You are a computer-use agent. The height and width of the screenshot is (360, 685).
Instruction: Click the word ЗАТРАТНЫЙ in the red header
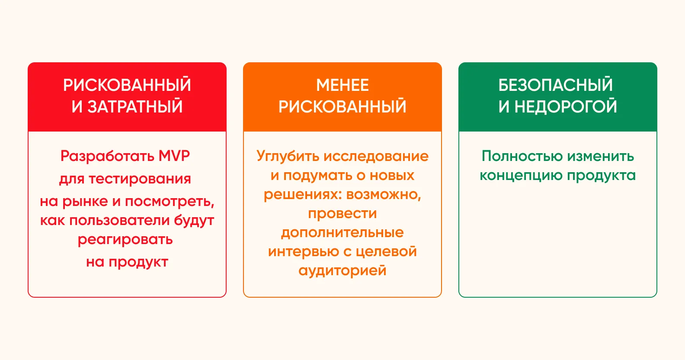(135, 107)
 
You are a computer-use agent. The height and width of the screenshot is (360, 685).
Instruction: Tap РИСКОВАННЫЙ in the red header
(127, 85)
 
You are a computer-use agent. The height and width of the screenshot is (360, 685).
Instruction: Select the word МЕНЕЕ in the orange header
(342, 85)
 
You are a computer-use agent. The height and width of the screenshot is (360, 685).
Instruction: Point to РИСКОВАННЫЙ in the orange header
(342, 107)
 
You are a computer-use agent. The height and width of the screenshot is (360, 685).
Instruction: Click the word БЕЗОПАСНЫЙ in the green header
(556, 85)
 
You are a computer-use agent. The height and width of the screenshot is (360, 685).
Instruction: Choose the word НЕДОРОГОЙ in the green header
(566, 107)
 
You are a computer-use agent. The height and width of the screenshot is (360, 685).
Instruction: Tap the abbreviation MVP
(174, 156)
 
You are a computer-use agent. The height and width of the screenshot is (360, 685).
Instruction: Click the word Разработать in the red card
(107, 156)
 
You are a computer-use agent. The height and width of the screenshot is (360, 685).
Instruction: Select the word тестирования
(140, 179)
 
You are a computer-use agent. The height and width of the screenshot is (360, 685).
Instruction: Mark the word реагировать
(125, 239)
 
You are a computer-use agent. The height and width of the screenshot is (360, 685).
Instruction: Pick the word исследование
(376, 156)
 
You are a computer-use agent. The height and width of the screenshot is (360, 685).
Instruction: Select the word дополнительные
(342, 232)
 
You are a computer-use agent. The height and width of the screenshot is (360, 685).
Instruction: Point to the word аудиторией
(342, 270)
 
